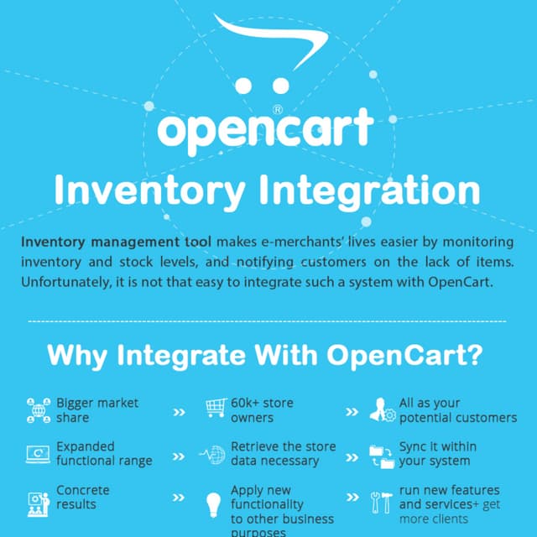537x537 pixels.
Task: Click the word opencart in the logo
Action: (x=265, y=131)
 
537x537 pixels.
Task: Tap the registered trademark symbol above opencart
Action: (x=278, y=109)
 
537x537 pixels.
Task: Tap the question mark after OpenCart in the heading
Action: (x=476, y=355)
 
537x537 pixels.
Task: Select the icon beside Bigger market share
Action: (x=38, y=410)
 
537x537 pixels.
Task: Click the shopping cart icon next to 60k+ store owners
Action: (x=216, y=409)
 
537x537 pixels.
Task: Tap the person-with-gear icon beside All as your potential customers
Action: (x=384, y=409)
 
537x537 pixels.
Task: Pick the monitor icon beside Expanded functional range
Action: (x=38, y=455)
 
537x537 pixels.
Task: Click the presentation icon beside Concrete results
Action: (x=38, y=498)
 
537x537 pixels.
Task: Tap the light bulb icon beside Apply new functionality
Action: (x=213, y=505)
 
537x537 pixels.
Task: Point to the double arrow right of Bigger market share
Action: (x=179, y=412)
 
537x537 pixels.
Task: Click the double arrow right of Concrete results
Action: (x=179, y=498)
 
